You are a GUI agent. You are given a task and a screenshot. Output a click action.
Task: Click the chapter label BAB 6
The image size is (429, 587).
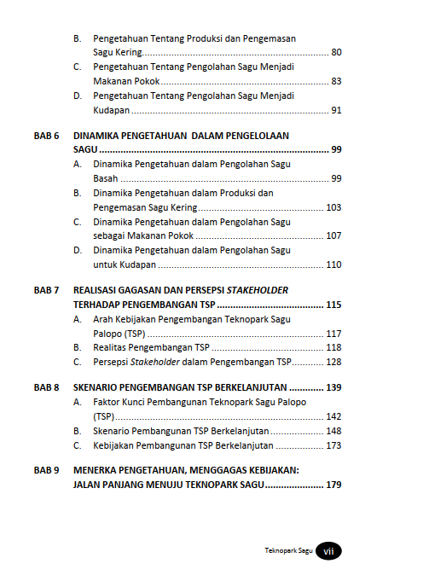tap(46, 136)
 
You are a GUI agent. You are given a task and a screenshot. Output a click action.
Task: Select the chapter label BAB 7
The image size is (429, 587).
tap(46, 290)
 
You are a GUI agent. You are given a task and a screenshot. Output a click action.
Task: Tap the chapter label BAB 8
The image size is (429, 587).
tap(46, 387)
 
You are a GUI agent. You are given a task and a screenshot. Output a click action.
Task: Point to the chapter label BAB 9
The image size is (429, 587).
tap(46, 470)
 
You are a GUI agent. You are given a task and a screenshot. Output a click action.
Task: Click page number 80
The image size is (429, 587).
tap(336, 53)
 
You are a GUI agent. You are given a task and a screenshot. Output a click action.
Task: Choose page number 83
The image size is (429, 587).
tap(336, 81)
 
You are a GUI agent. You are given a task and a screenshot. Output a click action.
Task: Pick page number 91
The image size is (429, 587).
tap(336, 110)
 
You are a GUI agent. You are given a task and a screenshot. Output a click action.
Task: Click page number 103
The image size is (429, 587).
tap(333, 207)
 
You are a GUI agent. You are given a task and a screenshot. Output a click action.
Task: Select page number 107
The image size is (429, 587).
tap(333, 235)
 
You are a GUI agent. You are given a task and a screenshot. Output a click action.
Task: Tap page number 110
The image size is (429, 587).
tap(333, 265)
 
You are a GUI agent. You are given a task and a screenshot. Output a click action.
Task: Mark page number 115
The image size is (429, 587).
tap(333, 305)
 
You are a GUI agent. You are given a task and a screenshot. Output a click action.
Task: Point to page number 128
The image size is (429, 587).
tap(333, 362)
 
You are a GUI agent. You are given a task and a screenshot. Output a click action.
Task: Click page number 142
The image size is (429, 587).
tap(333, 416)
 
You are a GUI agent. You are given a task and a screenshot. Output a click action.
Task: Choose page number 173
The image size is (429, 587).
tap(333, 445)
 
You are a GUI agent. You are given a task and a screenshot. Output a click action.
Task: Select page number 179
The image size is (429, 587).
tap(333, 485)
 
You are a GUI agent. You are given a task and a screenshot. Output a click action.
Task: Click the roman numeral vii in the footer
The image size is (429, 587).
tap(328, 552)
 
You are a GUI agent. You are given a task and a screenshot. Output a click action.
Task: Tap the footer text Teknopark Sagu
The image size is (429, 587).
tap(289, 552)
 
